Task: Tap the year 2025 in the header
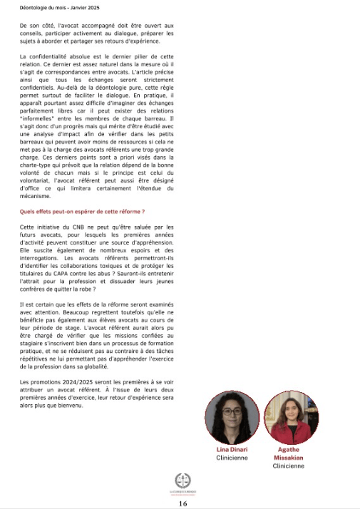coord(89,8)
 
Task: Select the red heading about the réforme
coord(82,212)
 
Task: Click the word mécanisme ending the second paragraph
coord(36,197)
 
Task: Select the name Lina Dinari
coord(232,450)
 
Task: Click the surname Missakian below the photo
coord(289,458)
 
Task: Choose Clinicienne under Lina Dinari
coord(232,458)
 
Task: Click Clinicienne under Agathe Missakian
coord(289,466)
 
